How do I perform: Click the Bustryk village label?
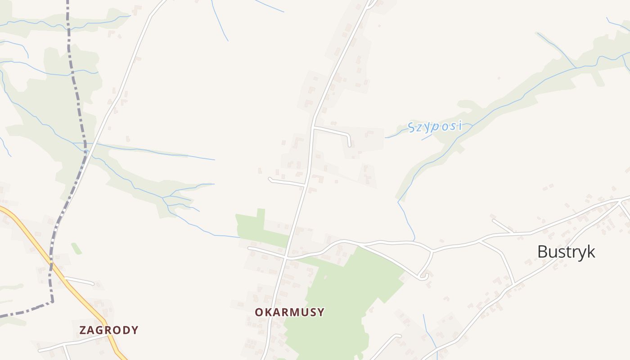(566, 252)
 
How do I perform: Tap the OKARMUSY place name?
(289, 312)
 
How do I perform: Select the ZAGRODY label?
(109, 330)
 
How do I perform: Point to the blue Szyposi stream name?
(435, 126)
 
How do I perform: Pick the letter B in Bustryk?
(543, 252)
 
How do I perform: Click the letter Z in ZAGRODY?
(83, 330)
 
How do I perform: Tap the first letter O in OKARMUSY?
(259, 312)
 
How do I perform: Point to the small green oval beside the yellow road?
(76, 248)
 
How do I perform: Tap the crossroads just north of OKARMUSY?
(286, 257)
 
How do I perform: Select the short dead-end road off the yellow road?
(80, 281)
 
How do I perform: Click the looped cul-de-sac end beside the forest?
(423, 277)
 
